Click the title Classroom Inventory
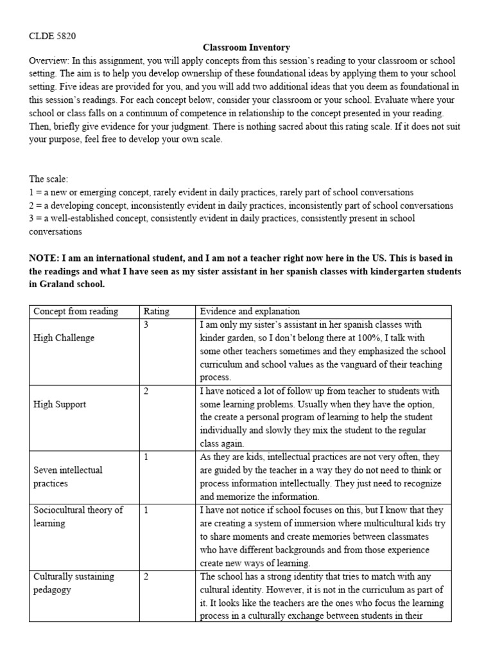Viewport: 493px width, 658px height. click(246, 48)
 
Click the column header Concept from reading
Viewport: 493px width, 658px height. click(76, 312)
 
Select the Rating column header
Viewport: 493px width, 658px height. click(157, 312)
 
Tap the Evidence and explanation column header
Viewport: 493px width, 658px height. click(250, 312)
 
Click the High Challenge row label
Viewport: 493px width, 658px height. click(64, 338)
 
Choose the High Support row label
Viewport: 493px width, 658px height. click(60, 404)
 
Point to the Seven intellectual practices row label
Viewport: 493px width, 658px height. click(67, 476)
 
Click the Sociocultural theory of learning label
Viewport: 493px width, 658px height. click(78, 517)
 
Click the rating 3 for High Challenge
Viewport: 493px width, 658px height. click(146, 325)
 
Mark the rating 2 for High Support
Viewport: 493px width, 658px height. click(146, 391)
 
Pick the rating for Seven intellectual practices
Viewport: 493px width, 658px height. click(146, 457)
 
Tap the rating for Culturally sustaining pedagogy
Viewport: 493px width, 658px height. click(146, 576)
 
